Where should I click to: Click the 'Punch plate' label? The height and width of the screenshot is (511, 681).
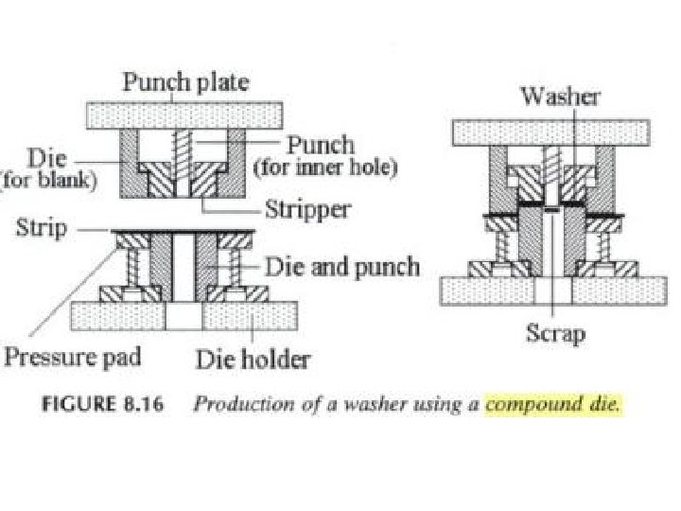(x=184, y=82)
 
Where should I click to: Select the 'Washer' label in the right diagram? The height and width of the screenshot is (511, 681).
(x=558, y=97)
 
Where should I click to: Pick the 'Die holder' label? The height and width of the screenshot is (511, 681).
(x=253, y=359)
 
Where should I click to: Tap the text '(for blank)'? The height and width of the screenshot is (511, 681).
(x=48, y=181)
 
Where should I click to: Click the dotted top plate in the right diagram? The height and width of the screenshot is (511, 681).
(x=550, y=132)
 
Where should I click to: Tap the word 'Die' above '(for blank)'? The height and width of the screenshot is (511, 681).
(x=48, y=157)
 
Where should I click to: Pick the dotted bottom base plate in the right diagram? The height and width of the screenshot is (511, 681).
(x=549, y=290)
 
